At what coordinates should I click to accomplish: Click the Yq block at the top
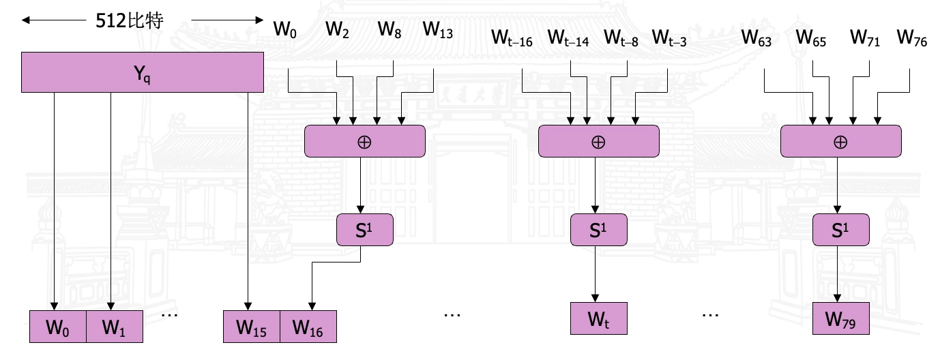tap(143, 72)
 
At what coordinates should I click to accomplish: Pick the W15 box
tap(252, 327)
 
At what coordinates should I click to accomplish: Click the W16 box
tap(308, 327)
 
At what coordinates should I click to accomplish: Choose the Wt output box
tap(598, 318)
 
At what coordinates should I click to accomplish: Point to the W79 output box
tap(841, 318)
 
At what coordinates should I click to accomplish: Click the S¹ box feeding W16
tap(365, 230)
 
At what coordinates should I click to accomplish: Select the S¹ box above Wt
tap(598, 230)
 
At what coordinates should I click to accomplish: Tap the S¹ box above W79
tap(841, 230)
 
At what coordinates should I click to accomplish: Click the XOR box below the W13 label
tap(364, 142)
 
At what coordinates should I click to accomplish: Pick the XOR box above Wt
tap(598, 142)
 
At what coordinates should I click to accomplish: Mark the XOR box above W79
tap(840, 142)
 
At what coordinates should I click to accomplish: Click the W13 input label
tap(437, 31)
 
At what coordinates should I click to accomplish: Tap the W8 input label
tap(390, 31)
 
